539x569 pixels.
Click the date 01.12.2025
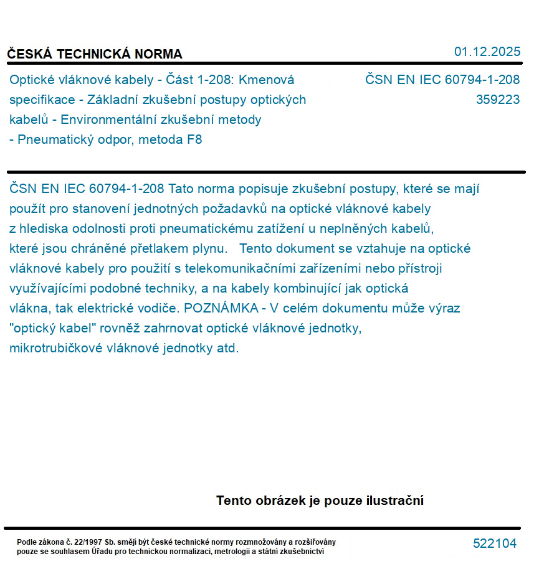point(487,52)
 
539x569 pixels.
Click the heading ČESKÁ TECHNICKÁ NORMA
point(95,54)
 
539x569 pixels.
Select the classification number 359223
point(497,100)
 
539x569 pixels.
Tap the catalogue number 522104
point(495,543)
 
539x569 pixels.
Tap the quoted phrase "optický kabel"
point(50,328)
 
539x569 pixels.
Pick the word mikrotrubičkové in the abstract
point(57,348)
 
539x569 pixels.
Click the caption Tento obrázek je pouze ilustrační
point(320,501)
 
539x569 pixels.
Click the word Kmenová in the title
point(267,80)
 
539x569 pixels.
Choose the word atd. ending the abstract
point(227,348)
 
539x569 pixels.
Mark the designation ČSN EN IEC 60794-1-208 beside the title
point(442,80)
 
